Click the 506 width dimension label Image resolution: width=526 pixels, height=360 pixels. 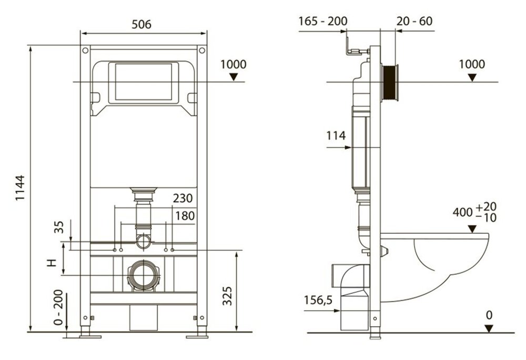point(141,24)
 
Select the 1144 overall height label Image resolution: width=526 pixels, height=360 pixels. point(20,188)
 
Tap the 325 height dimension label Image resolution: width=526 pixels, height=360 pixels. point(227,296)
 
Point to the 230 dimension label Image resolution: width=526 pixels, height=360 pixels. point(183,198)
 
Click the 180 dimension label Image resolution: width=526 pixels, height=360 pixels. point(185,216)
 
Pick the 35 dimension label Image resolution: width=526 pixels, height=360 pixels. point(58,227)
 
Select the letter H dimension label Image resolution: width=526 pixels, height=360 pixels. point(52,262)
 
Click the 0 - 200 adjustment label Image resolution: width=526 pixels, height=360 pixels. point(58,307)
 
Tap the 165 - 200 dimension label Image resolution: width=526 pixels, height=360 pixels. point(323,21)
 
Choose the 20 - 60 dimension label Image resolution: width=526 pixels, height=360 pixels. point(414,21)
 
